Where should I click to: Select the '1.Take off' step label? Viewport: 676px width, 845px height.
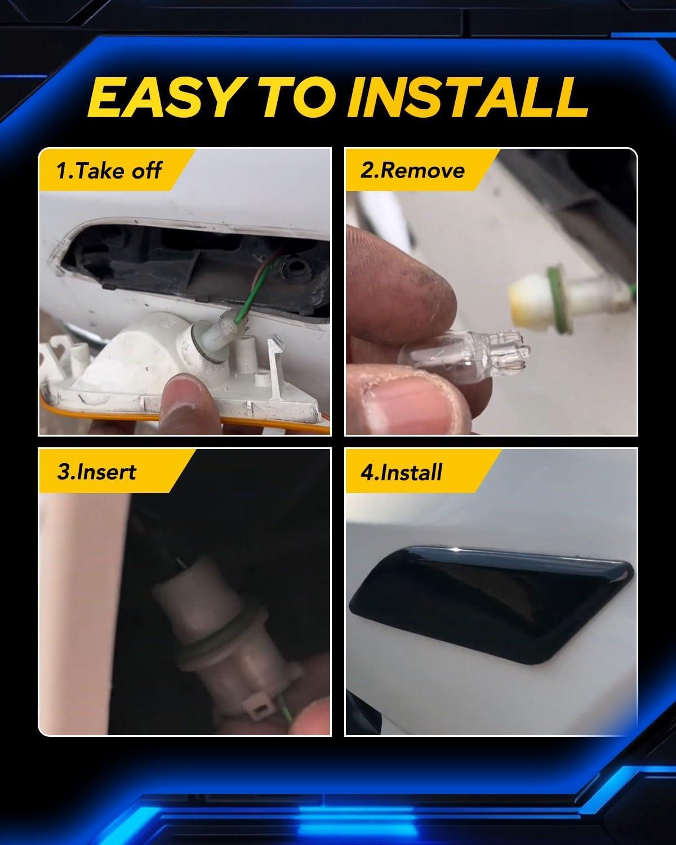coord(109,171)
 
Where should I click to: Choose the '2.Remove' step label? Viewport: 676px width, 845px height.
coord(412,171)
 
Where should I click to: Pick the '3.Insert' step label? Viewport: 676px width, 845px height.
coord(97,472)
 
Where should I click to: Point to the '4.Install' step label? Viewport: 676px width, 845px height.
coord(402,472)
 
